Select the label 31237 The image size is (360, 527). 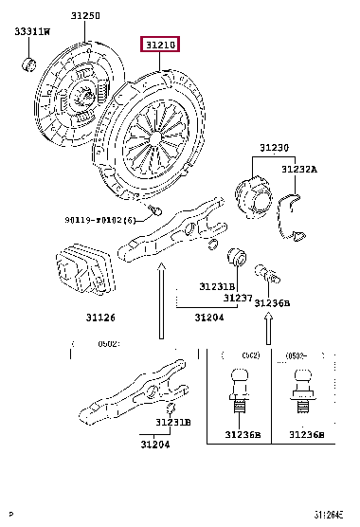coord(239,297)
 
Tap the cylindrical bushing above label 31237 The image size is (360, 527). coord(237,259)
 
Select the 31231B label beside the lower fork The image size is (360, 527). coord(173,422)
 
